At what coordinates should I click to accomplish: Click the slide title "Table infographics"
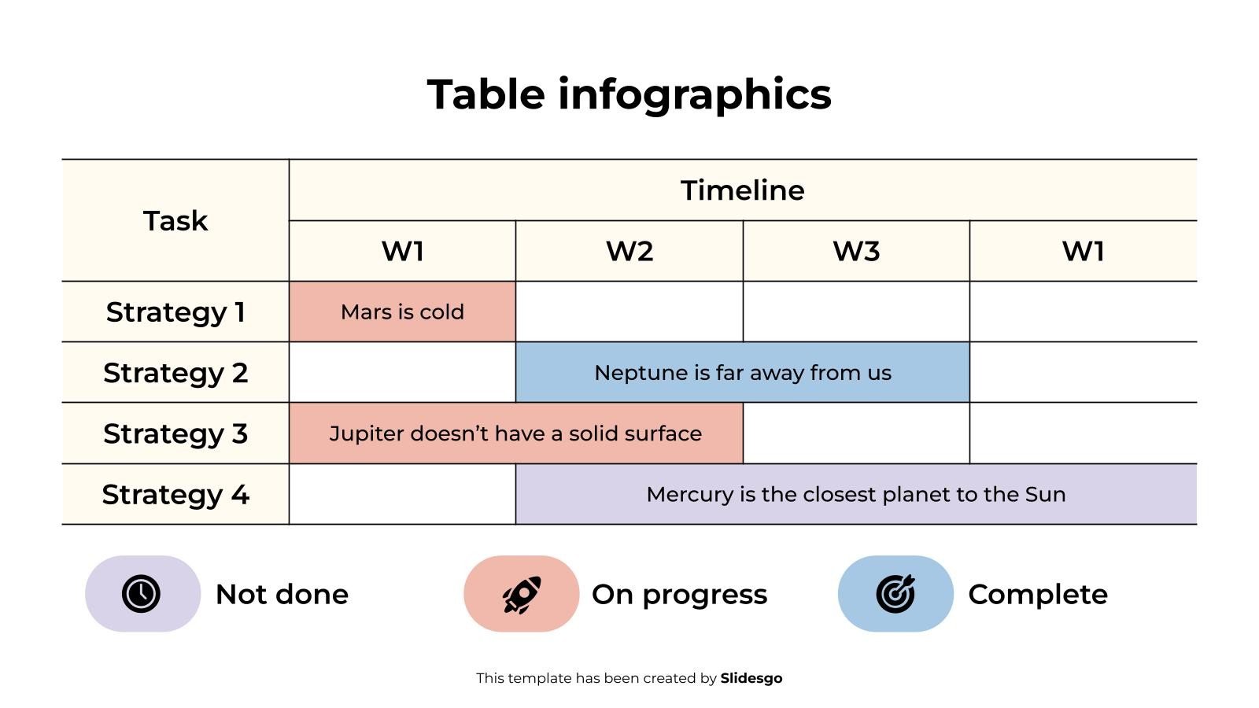click(x=629, y=94)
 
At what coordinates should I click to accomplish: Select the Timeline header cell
click(x=742, y=190)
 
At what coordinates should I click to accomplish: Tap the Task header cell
click(x=175, y=221)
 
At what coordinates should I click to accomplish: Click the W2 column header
click(x=629, y=252)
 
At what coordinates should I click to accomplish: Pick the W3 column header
click(x=856, y=252)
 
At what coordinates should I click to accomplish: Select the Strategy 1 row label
click(x=175, y=312)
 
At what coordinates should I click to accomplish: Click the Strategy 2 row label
click(x=175, y=373)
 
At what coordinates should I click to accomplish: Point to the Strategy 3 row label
click(x=175, y=433)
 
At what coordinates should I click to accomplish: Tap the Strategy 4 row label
click(x=175, y=495)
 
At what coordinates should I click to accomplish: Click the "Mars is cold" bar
click(x=402, y=312)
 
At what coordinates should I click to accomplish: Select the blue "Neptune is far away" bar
click(x=742, y=373)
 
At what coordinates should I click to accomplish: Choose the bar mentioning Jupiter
click(x=515, y=433)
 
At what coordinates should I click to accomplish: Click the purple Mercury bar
click(x=855, y=495)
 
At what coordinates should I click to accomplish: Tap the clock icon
click(x=142, y=594)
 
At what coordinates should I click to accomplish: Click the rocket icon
click(x=521, y=594)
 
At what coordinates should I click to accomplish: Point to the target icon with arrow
click(x=895, y=594)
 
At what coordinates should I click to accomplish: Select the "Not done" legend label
click(x=282, y=595)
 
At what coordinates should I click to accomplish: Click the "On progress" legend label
click(x=679, y=595)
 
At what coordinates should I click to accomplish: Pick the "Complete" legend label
click(x=1037, y=595)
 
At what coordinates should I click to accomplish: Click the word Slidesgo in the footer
click(x=751, y=678)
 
